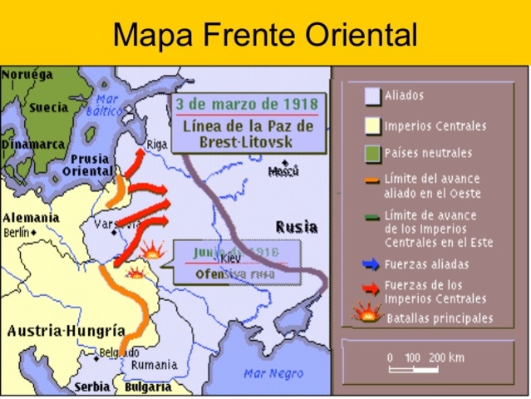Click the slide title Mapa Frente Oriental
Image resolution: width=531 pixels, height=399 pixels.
(264, 35)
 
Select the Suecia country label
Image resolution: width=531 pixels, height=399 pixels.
(47, 107)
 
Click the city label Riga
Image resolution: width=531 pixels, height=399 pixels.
(157, 143)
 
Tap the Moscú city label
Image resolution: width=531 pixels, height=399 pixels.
(283, 172)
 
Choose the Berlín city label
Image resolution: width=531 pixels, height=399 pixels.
(17, 234)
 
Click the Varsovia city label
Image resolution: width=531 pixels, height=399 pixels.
(110, 224)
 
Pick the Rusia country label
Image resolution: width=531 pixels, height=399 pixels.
(296, 226)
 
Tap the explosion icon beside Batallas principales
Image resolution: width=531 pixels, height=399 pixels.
(366, 315)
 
